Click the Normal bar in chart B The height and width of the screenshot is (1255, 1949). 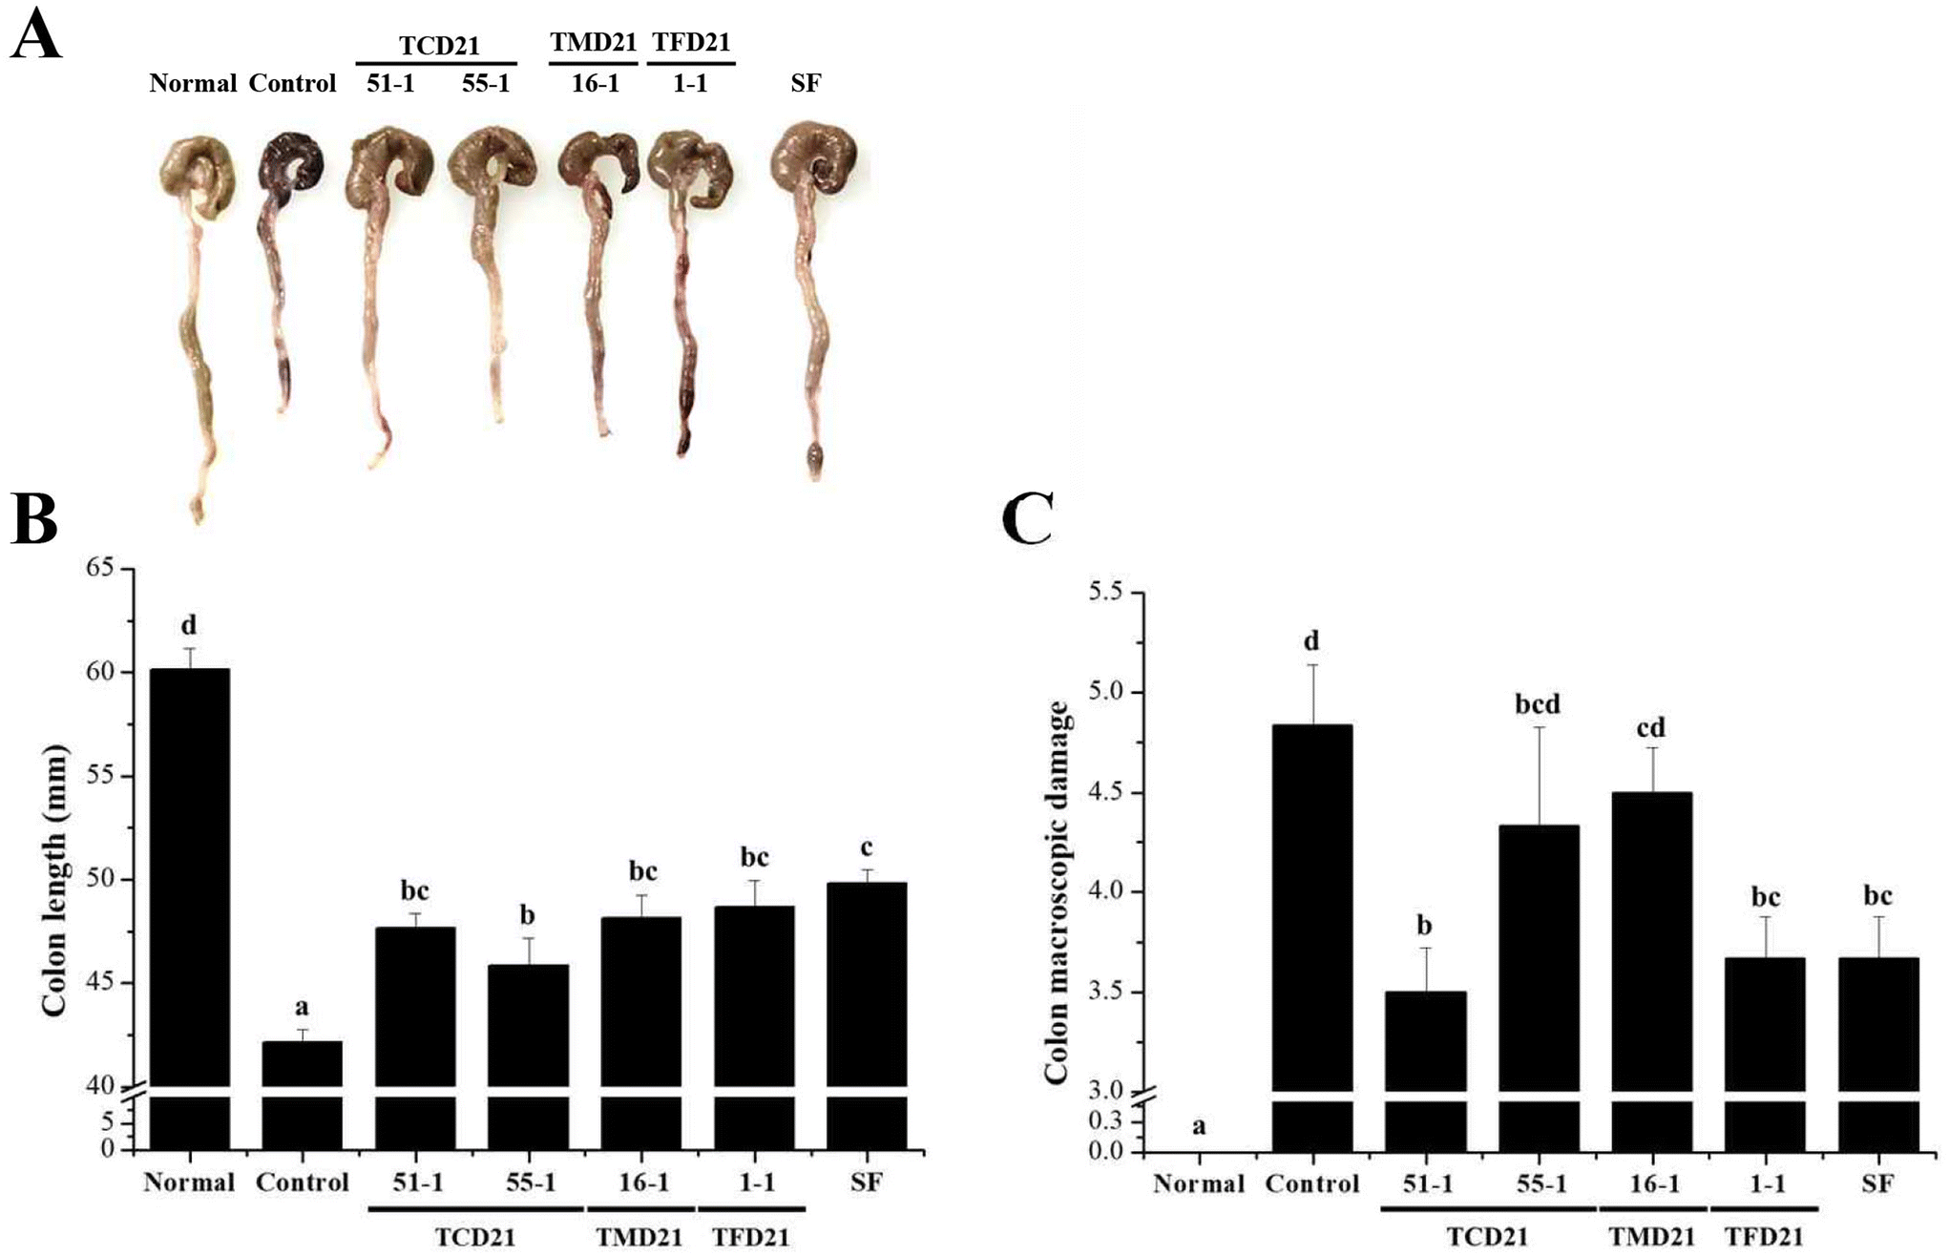click(x=190, y=878)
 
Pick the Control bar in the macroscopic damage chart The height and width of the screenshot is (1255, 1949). click(x=1311, y=907)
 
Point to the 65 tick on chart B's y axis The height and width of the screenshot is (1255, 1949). click(x=98, y=569)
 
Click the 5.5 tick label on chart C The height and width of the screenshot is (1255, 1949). click(x=1106, y=594)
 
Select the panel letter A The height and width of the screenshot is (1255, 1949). click(x=35, y=38)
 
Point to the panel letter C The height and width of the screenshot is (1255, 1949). click(x=1028, y=520)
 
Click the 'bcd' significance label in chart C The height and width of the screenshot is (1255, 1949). click(x=1538, y=704)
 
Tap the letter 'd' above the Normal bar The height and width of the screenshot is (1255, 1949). click(x=189, y=625)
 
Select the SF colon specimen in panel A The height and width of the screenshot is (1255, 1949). click(x=811, y=286)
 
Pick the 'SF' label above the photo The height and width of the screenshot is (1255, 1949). click(x=806, y=84)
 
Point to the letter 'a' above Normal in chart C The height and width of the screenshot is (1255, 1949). click(x=1199, y=1126)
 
